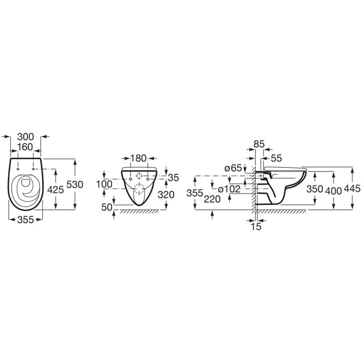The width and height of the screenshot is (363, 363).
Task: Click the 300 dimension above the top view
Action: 25,137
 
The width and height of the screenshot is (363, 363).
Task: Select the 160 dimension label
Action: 25,147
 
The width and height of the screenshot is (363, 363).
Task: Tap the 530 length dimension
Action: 74,185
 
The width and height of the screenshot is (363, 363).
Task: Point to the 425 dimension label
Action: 55,190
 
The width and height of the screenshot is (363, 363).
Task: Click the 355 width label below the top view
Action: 25,220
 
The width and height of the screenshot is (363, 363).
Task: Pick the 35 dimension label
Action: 173,177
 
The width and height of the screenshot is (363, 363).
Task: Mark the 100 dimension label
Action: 104,184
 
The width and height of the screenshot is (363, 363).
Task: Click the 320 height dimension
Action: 166,195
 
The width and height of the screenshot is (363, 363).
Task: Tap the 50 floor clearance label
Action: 107,207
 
